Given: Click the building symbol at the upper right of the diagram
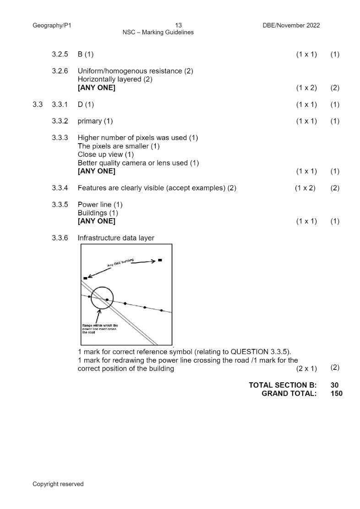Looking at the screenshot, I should tap(160, 260).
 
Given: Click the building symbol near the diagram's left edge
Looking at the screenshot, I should tap(85, 278).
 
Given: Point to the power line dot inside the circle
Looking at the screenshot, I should tap(107, 300).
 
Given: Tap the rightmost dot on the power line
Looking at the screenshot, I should tap(161, 310).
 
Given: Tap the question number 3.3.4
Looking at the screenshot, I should tap(60, 188).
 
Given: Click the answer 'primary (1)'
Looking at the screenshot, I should tap(95, 121).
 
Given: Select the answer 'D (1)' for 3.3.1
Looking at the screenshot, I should tap(86, 105).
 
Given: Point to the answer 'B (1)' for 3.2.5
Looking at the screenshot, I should tap(86, 54).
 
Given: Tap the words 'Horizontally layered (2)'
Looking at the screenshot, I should tap(115, 79).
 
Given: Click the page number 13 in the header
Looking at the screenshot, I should tap(179, 26).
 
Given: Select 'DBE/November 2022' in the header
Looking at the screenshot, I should tap(291, 26).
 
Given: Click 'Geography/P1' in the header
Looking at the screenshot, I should tap(52, 26).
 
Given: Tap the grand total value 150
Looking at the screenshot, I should tap(336, 393).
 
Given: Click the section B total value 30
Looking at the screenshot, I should tap(334, 385).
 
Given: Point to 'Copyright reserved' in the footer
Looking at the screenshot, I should tap(58, 484).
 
